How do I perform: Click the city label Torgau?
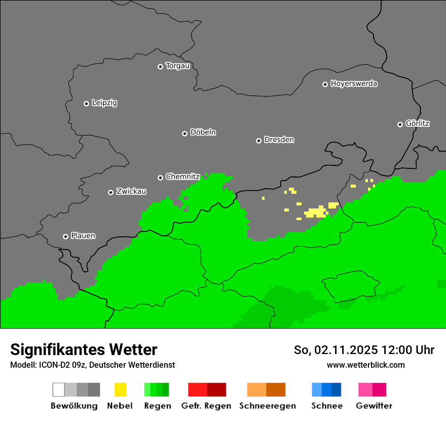pyautogui.click(x=177, y=66)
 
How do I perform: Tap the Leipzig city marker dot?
pyautogui.click(x=86, y=103)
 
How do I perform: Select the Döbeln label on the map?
pyautogui.click(x=203, y=132)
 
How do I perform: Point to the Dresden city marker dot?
pyautogui.click(x=258, y=141)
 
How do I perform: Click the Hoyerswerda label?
pyautogui.click(x=354, y=84)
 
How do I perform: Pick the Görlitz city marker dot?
pyautogui.click(x=400, y=124)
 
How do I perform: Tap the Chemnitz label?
pyautogui.click(x=182, y=177)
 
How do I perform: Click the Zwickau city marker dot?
pyautogui.click(x=110, y=192)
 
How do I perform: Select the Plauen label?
pyautogui.click(x=83, y=236)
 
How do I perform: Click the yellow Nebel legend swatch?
pyautogui.click(x=120, y=390)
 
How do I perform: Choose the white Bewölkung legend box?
pyautogui.click(x=59, y=390)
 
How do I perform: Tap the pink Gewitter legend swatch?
pyautogui.click(x=365, y=390)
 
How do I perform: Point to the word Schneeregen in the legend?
pyautogui.click(x=268, y=406)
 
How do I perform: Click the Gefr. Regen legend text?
pyautogui.click(x=206, y=406)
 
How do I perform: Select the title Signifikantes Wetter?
pyautogui.click(x=84, y=349)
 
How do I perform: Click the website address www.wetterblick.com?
pyautogui.click(x=365, y=365)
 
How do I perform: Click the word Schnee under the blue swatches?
pyautogui.click(x=327, y=406)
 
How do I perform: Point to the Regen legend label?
pyautogui.click(x=158, y=406)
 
